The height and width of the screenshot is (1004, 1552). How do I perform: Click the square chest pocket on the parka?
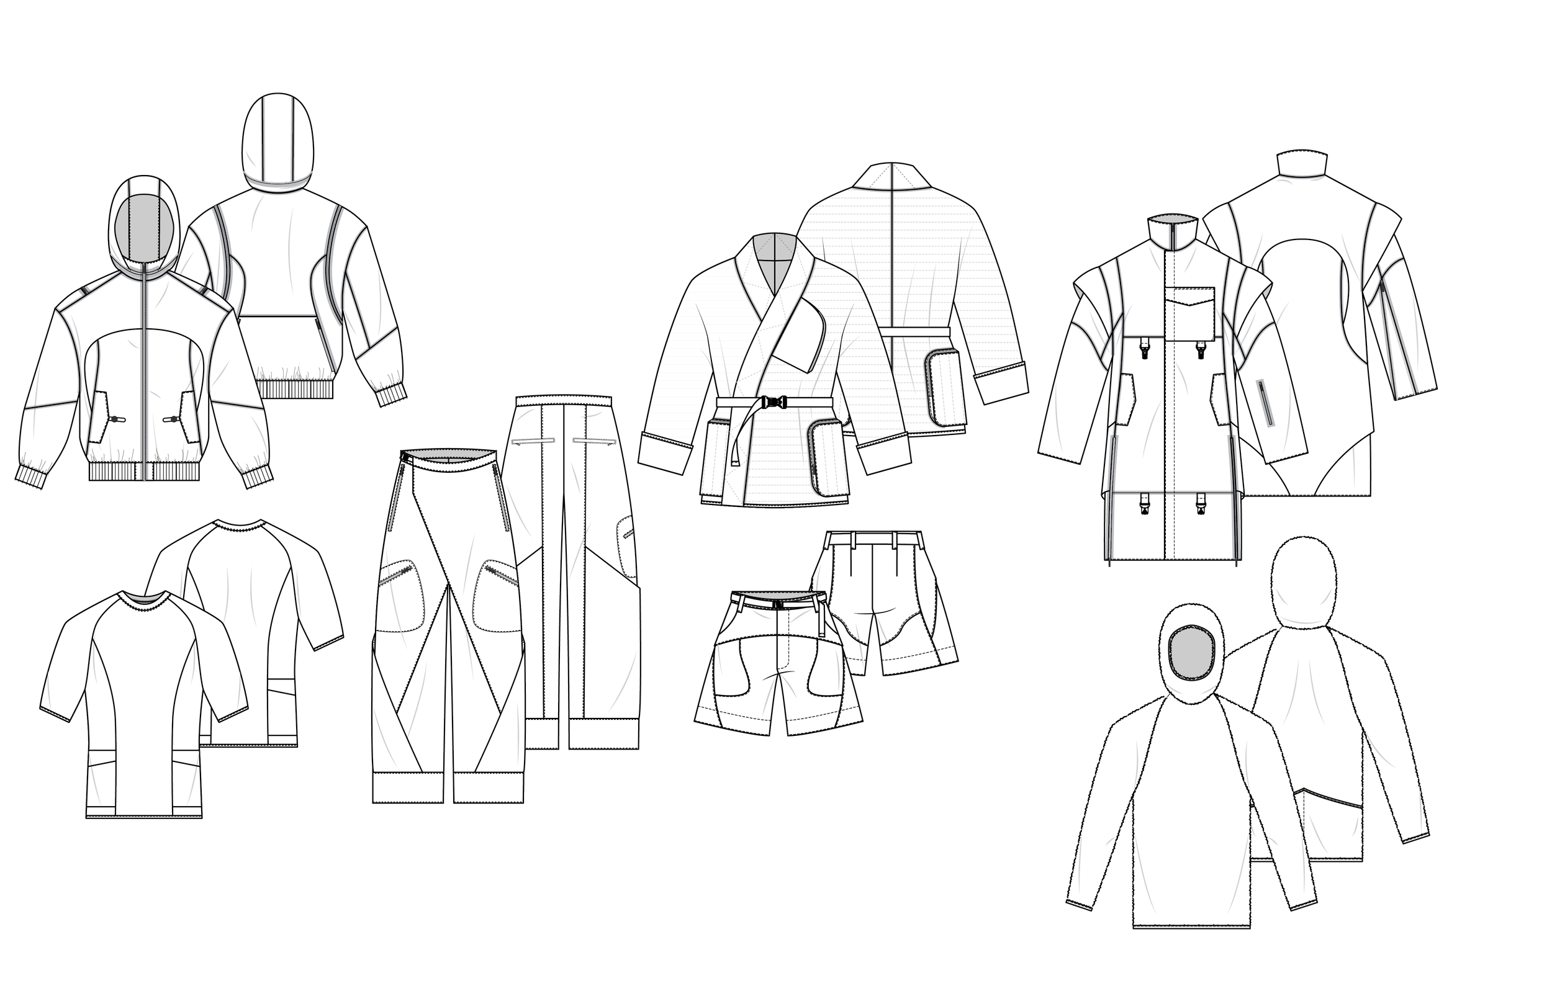tap(1190, 313)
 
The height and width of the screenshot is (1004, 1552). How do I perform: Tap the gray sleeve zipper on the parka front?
tap(1265, 403)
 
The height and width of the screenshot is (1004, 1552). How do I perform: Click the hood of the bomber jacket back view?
tap(277, 140)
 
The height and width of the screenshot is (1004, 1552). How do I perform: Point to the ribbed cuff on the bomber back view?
tap(390, 395)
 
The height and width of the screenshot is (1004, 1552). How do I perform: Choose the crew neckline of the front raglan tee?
tap(144, 596)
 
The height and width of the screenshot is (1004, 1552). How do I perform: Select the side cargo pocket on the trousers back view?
tap(626, 546)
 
